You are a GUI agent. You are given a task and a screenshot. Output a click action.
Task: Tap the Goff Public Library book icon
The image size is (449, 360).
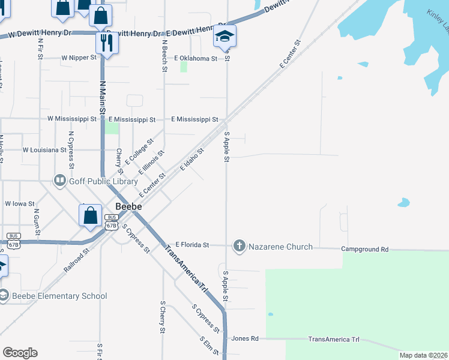click(59, 179)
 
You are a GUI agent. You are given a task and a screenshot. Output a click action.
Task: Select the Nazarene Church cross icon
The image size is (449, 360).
click(240, 246)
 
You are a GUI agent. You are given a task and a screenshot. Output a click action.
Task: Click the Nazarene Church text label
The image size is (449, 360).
click(280, 247)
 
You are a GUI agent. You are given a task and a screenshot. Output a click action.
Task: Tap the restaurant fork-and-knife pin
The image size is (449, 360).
click(107, 42)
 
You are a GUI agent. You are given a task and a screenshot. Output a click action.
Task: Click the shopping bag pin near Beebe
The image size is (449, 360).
click(90, 215)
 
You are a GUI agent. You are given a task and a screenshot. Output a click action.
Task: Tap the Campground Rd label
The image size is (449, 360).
click(365, 249)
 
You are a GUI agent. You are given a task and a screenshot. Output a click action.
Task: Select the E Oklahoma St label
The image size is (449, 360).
click(195, 58)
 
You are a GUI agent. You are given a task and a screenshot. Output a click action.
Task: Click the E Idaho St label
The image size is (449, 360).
click(193, 160)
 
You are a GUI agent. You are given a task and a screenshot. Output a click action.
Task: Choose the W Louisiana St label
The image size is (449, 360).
click(44, 149)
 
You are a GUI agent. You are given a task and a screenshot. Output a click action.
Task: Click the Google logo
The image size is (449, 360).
click(20, 353)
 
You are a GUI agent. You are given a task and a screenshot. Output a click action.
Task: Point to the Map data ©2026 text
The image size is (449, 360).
click(423, 355)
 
